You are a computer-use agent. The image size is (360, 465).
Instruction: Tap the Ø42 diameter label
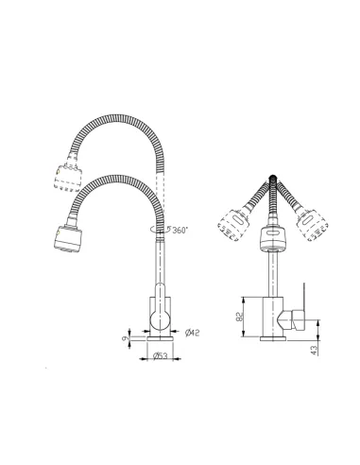coord(192,332)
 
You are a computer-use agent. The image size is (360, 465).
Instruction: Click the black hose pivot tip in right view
coord(274,177)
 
